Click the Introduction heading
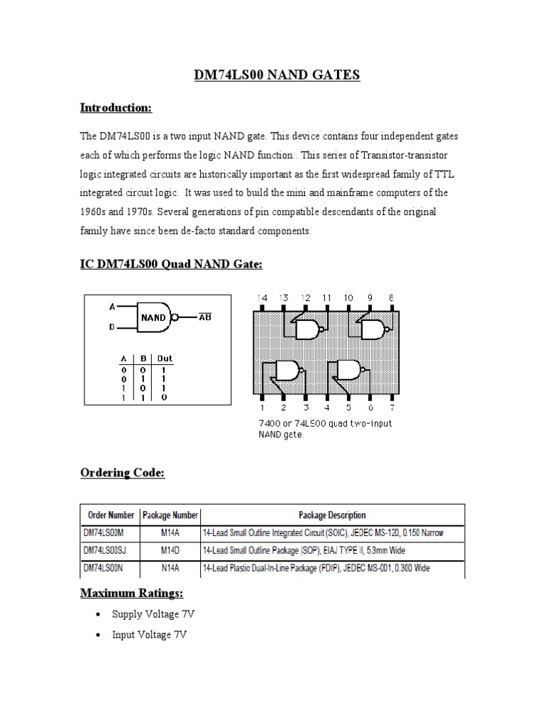[116, 108]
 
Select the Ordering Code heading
[122, 473]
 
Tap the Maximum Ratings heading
[132, 592]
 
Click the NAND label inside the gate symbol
[153, 317]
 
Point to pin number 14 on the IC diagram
[263, 297]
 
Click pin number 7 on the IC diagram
[392, 408]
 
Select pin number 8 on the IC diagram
[392, 297]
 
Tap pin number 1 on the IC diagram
[263, 408]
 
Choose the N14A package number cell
[170, 568]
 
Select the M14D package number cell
[170, 550]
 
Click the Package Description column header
[332, 515]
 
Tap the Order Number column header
[111, 515]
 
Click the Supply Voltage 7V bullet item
[148, 615]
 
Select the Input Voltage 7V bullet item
[149, 635]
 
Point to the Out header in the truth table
[165, 360]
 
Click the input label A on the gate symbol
[111, 307]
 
